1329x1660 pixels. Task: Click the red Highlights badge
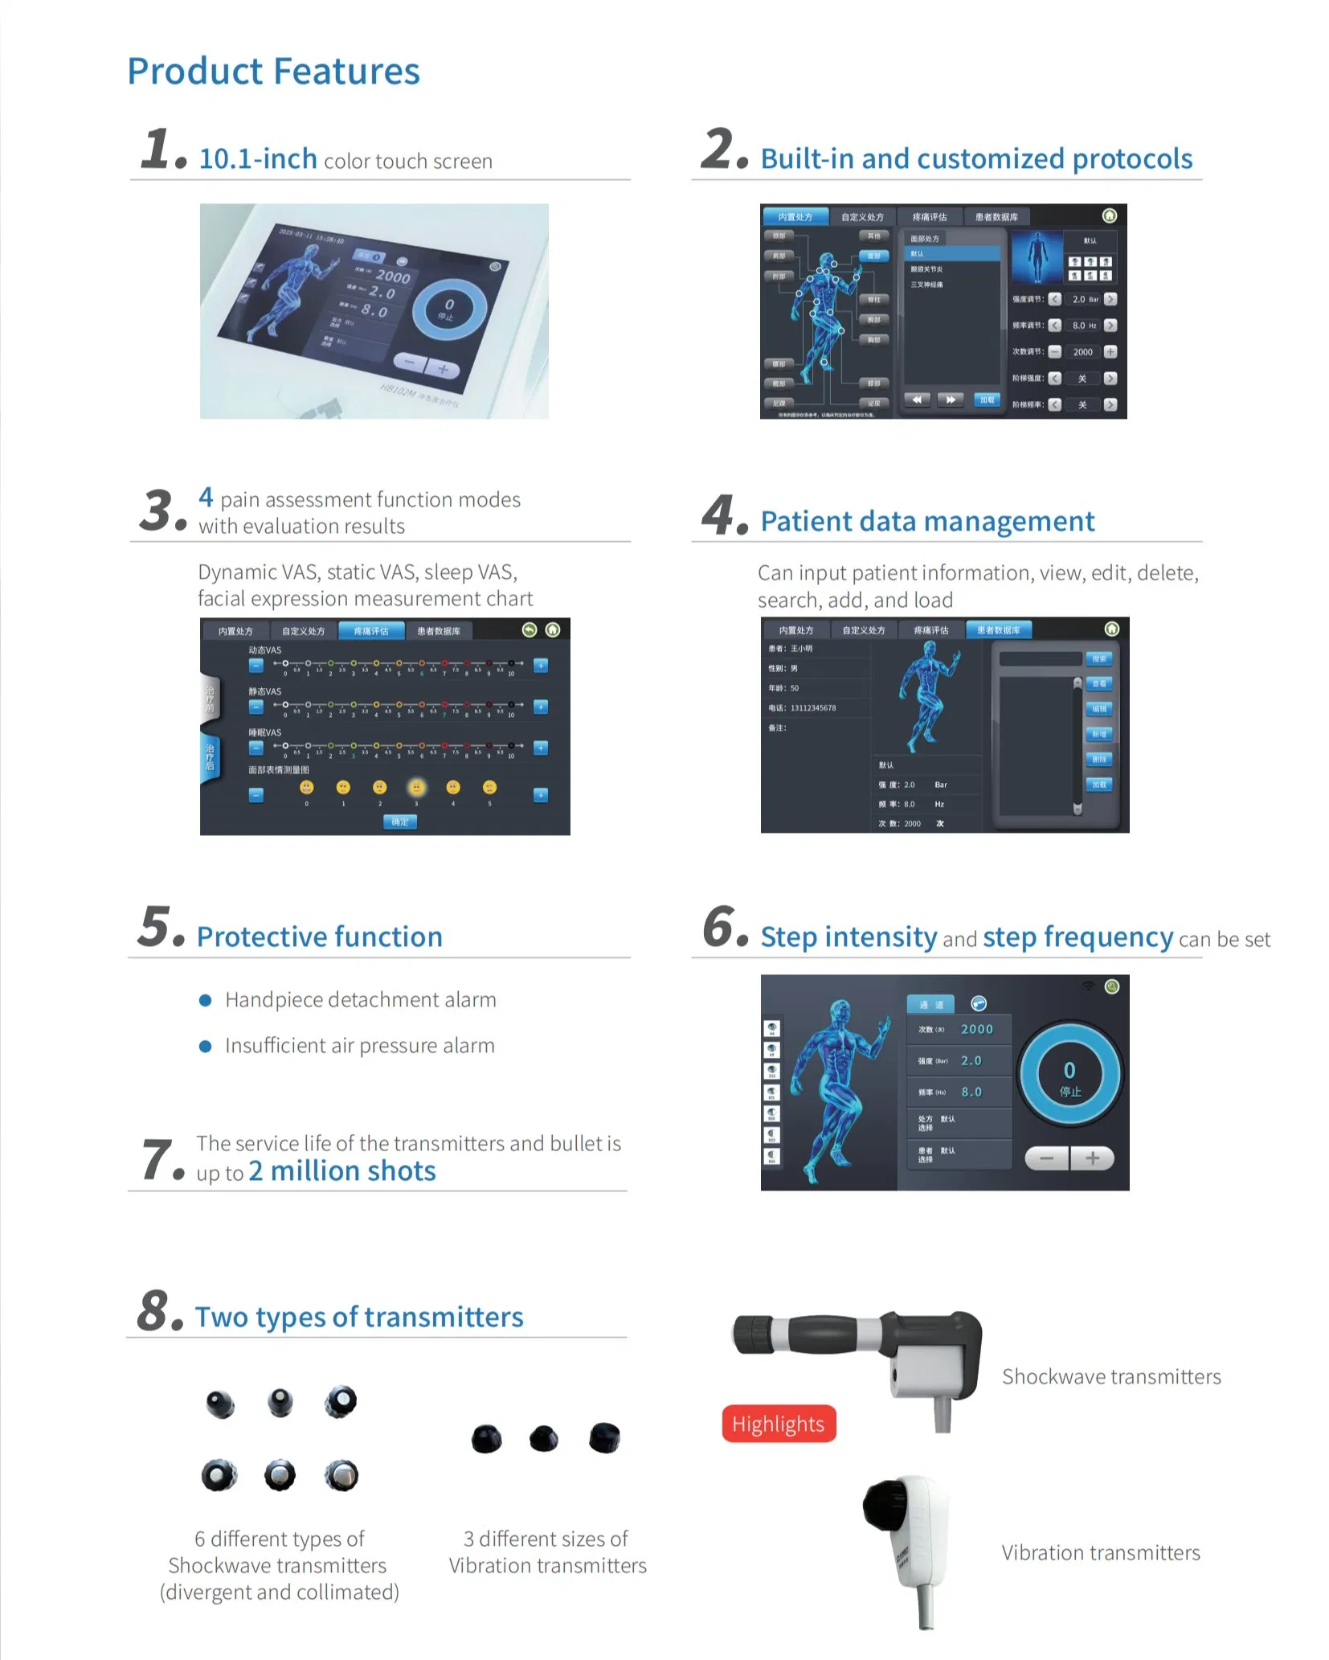point(778,1424)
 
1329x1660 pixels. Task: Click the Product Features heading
point(273,71)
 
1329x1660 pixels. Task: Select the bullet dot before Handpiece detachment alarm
point(206,1000)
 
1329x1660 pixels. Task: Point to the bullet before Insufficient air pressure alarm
point(206,1046)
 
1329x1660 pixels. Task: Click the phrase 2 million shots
point(341,1171)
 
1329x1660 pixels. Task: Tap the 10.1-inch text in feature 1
point(258,159)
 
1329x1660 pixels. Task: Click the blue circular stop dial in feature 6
point(1069,1074)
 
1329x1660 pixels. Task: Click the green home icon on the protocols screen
point(1109,215)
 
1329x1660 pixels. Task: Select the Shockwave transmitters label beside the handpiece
point(1110,1377)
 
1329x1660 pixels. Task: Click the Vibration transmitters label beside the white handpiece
point(1100,1552)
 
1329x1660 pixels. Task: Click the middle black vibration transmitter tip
point(544,1438)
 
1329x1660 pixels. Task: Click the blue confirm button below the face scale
point(399,822)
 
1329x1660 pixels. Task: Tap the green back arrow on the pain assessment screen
point(529,629)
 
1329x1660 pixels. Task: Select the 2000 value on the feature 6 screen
point(976,1029)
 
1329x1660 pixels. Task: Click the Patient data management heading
point(926,522)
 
